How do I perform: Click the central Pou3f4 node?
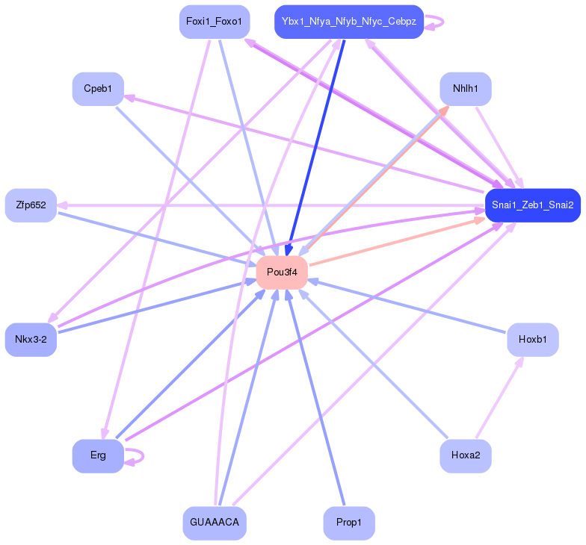coord(282,272)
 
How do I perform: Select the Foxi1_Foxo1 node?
coord(214,22)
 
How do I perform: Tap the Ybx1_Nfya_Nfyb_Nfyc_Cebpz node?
coord(349,22)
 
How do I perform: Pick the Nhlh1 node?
coord(465,89)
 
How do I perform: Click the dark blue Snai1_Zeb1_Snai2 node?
coord(532,205)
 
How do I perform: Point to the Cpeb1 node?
coord(98,89)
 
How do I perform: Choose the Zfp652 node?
coord(31,205)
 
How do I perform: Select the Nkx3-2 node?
coord(31,340)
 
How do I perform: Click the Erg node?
coord(98,455)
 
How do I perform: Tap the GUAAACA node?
coord(215,523)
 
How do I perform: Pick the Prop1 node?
coord(349,523)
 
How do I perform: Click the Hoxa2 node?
coord(465,455)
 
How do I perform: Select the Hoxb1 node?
coord(532,340)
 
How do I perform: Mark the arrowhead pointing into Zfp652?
coord(62,205)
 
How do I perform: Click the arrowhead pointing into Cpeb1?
coord(129,97)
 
